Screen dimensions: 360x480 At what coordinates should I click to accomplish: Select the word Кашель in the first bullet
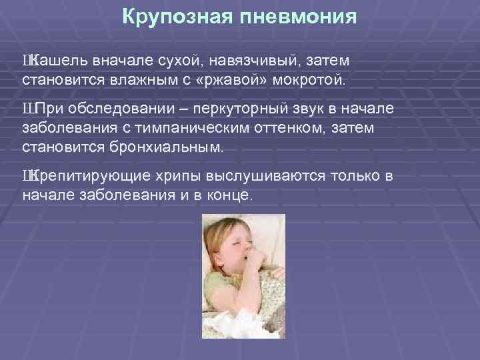point(53,61)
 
